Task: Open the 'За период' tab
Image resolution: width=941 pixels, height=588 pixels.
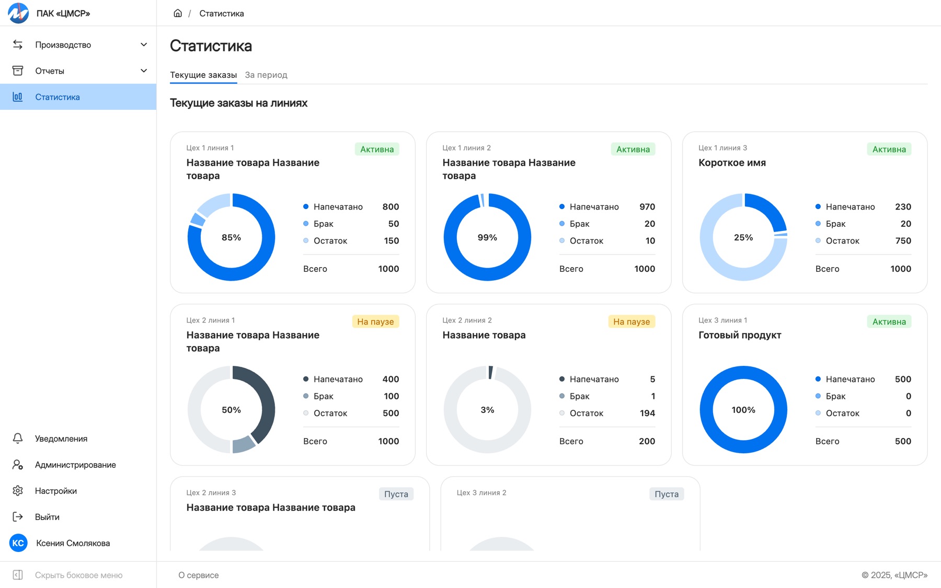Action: [x=266, y=75]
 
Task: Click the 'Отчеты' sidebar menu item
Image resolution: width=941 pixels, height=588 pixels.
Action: [x=50, y=71]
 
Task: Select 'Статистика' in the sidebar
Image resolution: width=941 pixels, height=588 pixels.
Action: [x=58, y=97]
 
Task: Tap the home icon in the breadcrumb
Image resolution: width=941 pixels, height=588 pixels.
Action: [x=178, y=13]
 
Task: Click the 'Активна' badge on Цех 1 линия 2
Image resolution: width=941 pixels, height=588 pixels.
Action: [x=633, y=149]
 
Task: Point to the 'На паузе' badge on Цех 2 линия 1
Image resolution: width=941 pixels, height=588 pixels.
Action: [x=375, y=321]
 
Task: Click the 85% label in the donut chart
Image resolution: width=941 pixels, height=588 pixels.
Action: [x=231, y=237]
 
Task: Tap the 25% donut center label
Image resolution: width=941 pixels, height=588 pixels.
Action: [x=743, y=237]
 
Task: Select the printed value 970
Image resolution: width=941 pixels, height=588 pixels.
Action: [x=647, y=206]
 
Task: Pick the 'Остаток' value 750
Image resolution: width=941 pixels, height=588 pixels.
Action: [x=903, y=240]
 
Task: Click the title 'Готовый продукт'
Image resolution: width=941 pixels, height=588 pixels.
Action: [x=740, y=335]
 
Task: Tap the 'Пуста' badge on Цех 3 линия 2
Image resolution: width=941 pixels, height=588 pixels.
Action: [x=667, y=494]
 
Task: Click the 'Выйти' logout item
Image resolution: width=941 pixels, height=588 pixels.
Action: [x=47, y=517]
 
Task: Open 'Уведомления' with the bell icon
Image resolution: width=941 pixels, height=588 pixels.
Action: [x=61, y=439]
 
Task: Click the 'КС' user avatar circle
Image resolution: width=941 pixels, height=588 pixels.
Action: [x=18, y=543]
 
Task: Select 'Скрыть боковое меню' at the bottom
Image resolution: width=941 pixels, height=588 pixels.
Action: [x=79, y=575]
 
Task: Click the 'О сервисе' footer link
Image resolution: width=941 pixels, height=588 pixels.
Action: [x=199, y=575]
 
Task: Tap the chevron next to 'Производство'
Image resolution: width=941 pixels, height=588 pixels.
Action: [x=144, y=44]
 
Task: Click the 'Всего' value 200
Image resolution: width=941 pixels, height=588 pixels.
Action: [x=647, y=441]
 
